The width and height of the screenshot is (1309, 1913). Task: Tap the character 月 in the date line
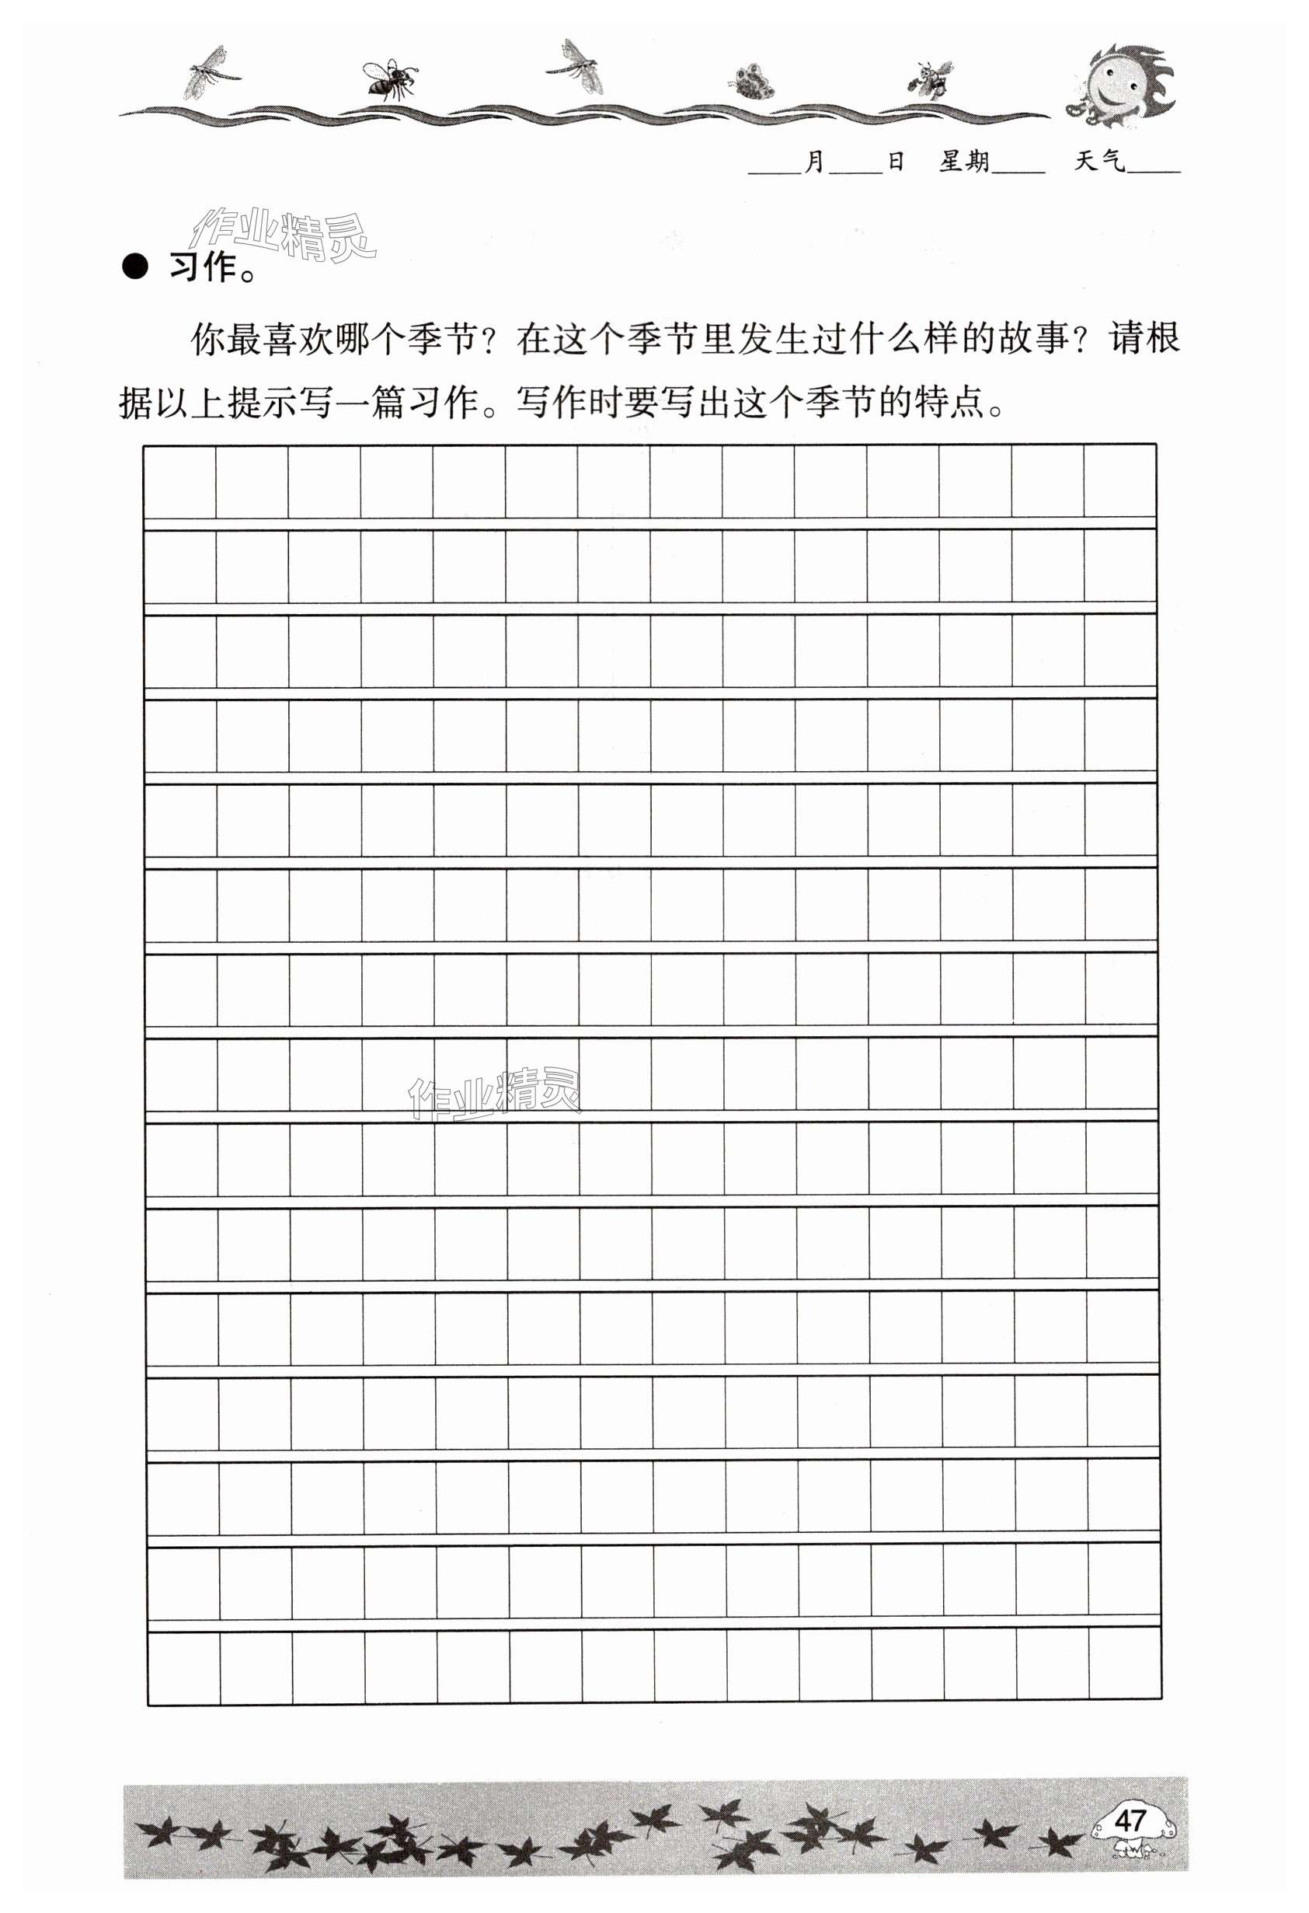click(813, 162)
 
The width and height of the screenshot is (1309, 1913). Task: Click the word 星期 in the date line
click(964, 162)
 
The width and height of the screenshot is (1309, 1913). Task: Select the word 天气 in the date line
click(1099, 162)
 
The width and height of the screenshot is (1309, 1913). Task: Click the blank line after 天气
click(1154, 169)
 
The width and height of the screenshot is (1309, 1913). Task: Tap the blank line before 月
click(775, 169)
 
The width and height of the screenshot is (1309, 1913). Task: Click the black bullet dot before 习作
click(135, 267)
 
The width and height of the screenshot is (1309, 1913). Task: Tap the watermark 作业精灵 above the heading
click(281, 234)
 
